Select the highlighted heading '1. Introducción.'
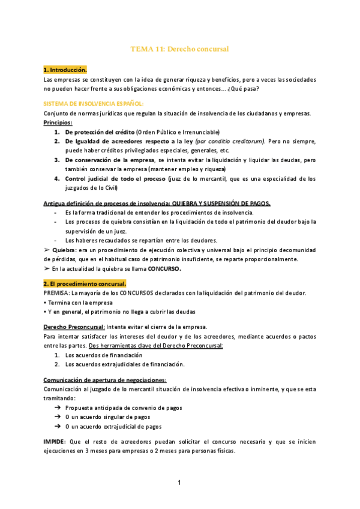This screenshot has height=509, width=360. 65,70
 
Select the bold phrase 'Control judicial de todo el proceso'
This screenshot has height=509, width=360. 115,178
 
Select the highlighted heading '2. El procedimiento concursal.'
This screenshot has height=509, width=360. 85,283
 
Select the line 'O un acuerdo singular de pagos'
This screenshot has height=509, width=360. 107,417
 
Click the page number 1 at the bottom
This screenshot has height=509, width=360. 179,483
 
